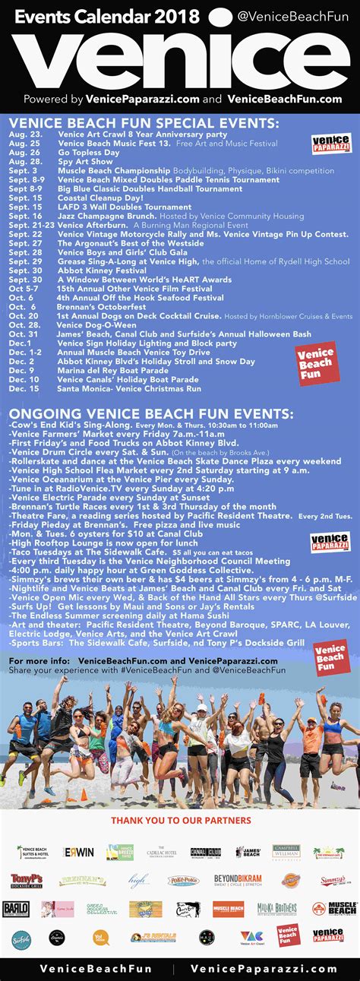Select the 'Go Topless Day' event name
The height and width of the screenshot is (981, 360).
[89, 152]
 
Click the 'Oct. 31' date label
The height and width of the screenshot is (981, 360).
[24, 334]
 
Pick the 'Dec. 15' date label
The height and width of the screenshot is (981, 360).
[24, 388]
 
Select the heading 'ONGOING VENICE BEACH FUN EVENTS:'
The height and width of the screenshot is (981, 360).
[150, 413]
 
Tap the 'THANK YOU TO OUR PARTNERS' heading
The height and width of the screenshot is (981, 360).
[181, 820]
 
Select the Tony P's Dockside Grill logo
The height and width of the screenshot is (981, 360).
[27, 880]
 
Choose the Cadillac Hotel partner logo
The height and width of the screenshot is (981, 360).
[157, 852]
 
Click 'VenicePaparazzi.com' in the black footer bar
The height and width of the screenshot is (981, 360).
[264, 969]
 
